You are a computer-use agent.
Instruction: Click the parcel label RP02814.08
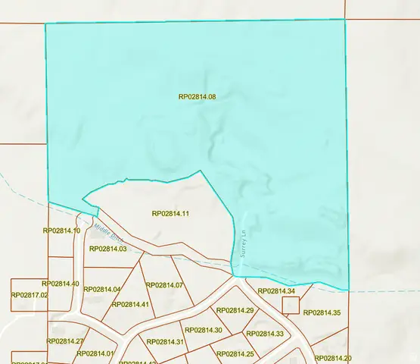(198, 97)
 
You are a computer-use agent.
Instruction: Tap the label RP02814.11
(170, 214)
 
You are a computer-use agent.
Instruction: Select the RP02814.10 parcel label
(61, 231)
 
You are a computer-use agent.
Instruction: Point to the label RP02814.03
(107, 249)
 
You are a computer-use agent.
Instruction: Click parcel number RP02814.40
(61, 284)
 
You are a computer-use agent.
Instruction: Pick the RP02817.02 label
(30, 294)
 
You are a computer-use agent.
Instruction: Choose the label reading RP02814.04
(102, 289)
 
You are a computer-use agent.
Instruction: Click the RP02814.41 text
(130, 304)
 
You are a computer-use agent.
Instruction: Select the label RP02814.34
(276, 291)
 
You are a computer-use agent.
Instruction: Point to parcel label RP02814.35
(322, 312)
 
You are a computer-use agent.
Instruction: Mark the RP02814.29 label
(235, 310)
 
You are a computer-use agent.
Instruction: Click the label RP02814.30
(203, 330)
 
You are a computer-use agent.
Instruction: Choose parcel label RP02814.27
(65, 341)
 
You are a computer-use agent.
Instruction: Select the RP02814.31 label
(166, 342)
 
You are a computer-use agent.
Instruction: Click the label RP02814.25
(235, 354)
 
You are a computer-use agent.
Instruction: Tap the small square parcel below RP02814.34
(291, 306)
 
